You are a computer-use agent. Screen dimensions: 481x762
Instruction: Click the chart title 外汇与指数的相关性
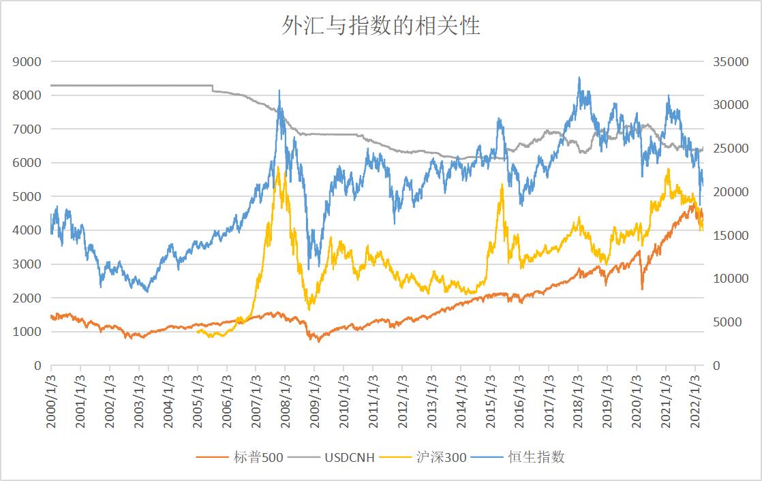tap(381, 26)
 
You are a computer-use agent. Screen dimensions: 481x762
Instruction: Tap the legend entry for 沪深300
tap(441, 457)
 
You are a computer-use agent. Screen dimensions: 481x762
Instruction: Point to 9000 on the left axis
tap(27, 62)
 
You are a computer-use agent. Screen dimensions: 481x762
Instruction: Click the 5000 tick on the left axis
tap(27, 197)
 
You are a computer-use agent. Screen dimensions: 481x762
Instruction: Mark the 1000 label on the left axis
tap(27, 332)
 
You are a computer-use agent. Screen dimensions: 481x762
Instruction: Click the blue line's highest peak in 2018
tap(579, 78)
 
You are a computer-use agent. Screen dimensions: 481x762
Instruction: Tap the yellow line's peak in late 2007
tap(278, 166)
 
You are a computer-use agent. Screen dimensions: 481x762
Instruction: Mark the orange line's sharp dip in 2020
tap(642, 289)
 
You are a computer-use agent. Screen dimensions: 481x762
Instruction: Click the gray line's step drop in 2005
tap(213, 88)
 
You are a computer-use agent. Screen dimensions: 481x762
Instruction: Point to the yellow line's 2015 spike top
tap(502, 184)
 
